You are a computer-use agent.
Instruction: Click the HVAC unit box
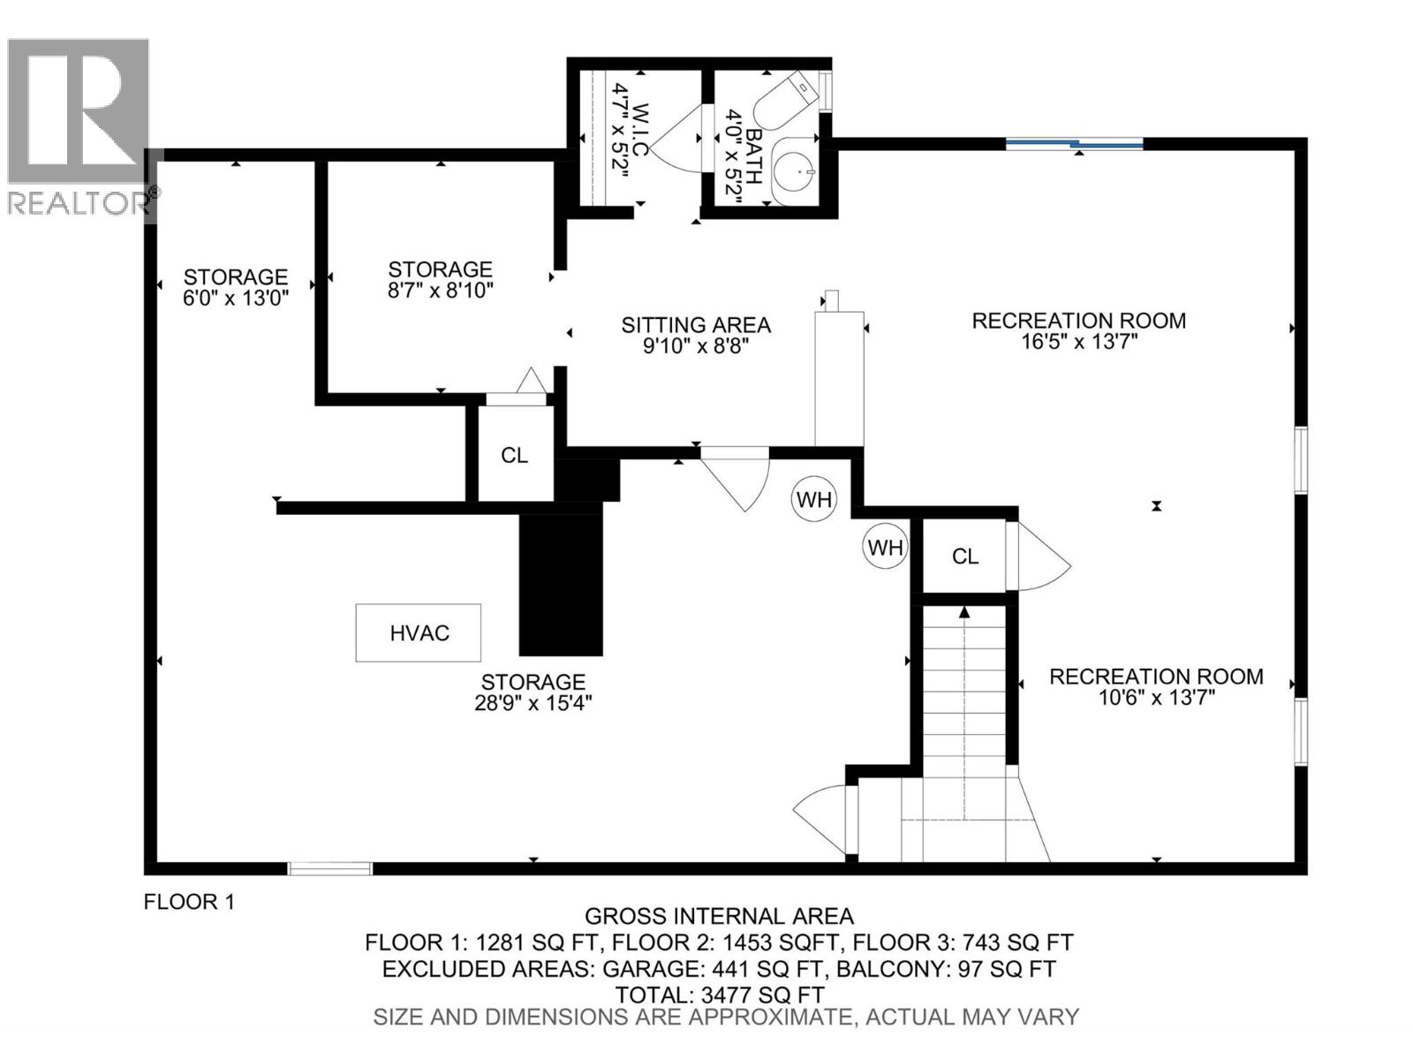418,632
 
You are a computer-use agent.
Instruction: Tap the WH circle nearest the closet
885,548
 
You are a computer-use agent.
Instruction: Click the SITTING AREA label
696,325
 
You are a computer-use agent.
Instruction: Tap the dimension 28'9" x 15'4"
533,703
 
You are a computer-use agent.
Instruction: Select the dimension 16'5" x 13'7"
1078,342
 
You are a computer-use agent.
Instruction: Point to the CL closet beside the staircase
964,556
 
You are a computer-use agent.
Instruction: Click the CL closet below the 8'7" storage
514,455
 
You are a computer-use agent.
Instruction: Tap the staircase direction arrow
964,611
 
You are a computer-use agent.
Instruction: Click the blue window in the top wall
1075,143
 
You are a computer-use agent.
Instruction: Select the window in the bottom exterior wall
330,868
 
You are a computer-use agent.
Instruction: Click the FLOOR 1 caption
189,902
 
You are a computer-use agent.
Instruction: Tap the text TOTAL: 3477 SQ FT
719,995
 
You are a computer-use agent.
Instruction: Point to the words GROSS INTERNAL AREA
719,917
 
